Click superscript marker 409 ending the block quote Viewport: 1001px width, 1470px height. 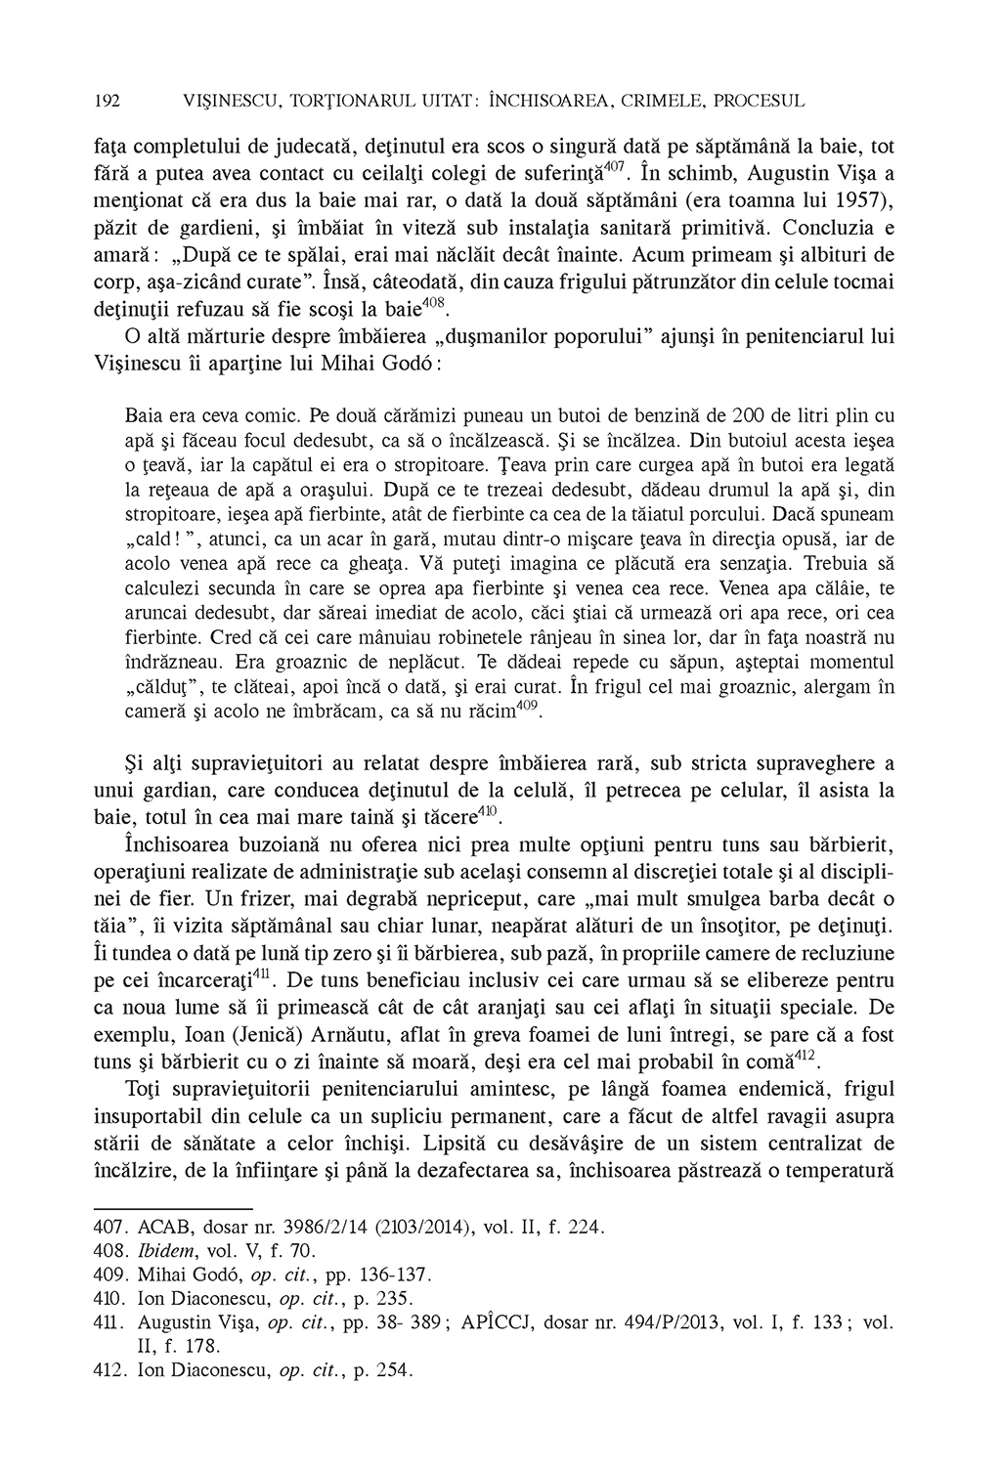tap(528, 706)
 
